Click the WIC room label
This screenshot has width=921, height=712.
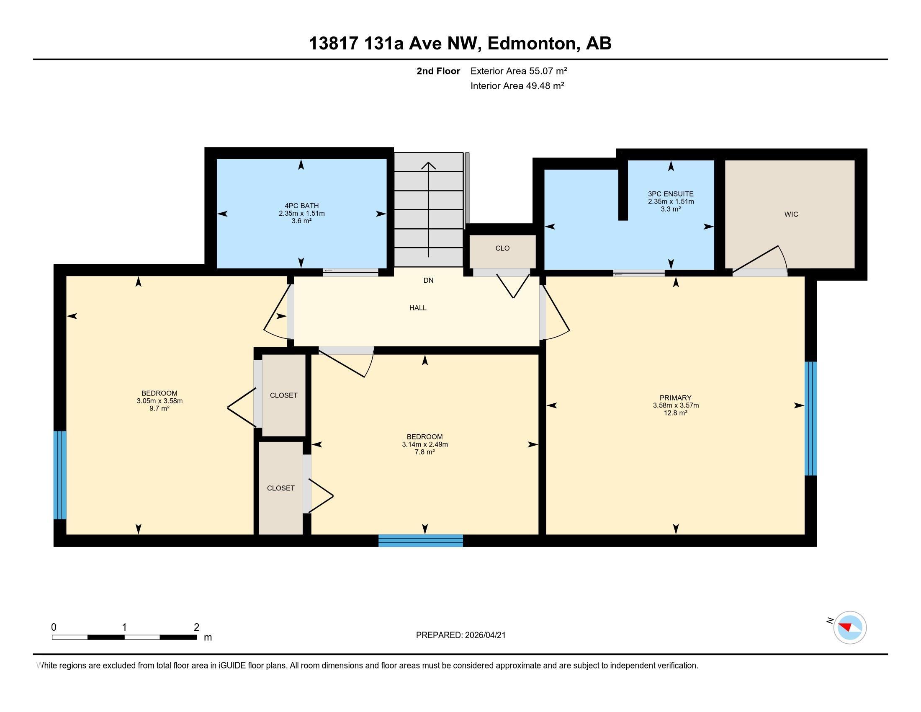coord(791,214)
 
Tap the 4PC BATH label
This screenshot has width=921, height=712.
coord(301,206)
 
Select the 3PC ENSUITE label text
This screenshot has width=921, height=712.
coord(671,194)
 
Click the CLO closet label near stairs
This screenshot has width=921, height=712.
coord(502,248)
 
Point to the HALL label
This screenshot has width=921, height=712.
coord(418,308)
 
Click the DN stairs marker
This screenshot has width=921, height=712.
coord(428,281)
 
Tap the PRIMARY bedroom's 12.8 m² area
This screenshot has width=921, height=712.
coord(676,413)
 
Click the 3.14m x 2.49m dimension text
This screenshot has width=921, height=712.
coord(424,444)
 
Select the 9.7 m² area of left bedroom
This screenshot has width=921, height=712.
coord(160,408)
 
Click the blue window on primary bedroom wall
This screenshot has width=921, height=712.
coord(810,418)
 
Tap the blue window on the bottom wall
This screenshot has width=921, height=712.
coord(420,540)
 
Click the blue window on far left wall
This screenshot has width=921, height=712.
coord(60,475)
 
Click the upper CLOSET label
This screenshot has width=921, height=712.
coord(284,396)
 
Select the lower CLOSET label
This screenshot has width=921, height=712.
coord(281,488)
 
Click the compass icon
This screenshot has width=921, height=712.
coord(850,627)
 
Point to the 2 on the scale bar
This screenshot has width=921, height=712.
coord(196,627)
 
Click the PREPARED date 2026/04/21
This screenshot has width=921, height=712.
coord(484,635)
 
